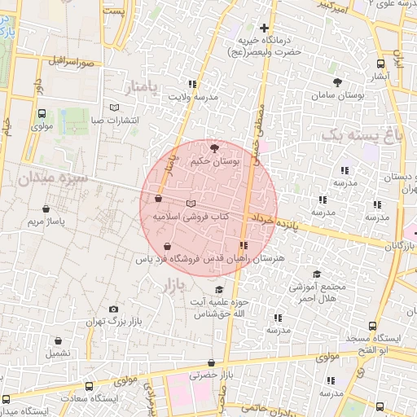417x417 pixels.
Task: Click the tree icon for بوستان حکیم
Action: [214, 148]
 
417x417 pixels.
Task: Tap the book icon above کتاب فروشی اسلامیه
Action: [191, 203]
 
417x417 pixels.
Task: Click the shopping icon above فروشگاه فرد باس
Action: [167, 246]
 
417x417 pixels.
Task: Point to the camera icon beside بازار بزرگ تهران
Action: [113, 309]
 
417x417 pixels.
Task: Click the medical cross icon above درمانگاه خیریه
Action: [264, 28]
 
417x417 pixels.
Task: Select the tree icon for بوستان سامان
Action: [337, 82]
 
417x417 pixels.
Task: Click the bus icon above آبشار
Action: [380, 64]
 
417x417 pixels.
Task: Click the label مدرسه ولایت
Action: [193, 97]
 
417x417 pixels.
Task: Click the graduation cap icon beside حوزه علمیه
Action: [217, 290]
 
